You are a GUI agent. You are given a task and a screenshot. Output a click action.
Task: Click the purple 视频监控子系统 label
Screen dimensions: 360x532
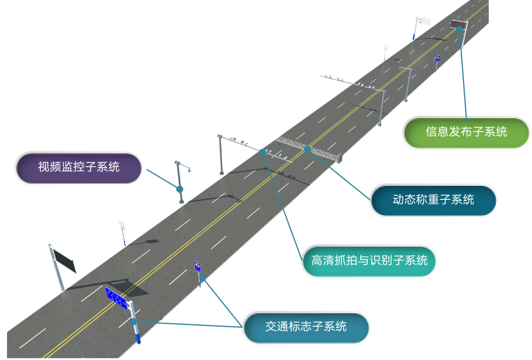pos(78,168)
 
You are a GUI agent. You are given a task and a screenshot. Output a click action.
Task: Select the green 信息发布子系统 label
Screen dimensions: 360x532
pos(466,132)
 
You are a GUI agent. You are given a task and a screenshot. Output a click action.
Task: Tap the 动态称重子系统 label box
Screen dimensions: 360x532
pos(433,200)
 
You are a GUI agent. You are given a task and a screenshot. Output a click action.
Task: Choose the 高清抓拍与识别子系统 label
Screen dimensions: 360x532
pos(369,261)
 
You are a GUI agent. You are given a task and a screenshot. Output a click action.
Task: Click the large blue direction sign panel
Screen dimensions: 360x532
pos(116,297)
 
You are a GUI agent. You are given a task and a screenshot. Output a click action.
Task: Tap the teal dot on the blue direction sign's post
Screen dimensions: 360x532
pos(133,321)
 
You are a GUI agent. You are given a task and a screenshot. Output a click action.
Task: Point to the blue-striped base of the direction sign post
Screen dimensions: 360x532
pos(137,338)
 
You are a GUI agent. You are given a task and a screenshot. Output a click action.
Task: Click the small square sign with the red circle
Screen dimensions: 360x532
pos(198,266)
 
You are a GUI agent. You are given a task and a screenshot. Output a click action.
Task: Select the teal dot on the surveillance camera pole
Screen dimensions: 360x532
pos(180,189)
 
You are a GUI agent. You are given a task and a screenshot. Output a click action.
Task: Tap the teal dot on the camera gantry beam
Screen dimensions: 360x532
pos(262,151)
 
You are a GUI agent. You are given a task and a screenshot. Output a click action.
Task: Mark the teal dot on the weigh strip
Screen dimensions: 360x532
pos(308,149)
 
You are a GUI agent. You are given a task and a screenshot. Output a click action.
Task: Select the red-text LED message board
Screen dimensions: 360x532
pos(458,25)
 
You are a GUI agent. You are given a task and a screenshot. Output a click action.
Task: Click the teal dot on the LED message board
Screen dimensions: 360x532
pos(460,28)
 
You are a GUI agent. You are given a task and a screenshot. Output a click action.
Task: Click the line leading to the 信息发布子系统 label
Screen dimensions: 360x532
pos(464,76)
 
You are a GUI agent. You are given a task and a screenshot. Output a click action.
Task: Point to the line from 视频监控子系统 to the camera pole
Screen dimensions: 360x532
pos(163,179)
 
